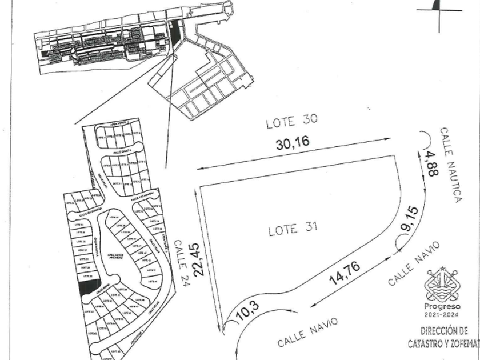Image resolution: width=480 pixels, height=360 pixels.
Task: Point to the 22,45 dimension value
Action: (199, 260)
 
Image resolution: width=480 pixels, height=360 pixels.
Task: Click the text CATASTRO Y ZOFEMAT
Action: (443, 345)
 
